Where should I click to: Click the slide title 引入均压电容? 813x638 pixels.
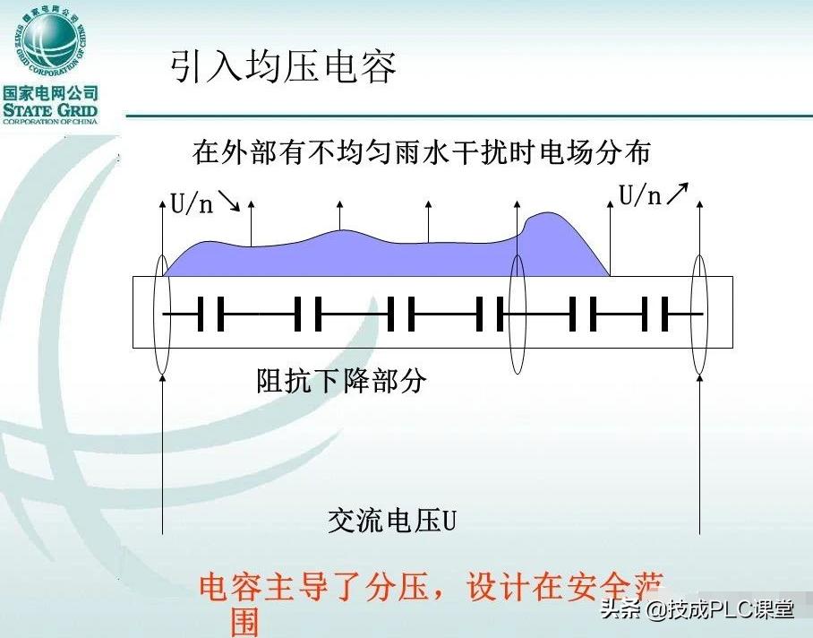[283, 66]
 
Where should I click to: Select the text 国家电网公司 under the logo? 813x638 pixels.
[50, 93]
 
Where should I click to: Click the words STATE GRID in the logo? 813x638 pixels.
[50, 110]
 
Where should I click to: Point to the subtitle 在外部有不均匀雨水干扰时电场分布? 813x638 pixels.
[421, 152]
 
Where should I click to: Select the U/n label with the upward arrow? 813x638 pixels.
[641, 196]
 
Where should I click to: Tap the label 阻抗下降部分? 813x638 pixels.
[341, 382]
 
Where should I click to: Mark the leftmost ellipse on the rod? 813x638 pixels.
[162, 314]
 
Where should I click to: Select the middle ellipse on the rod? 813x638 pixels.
[517, 314]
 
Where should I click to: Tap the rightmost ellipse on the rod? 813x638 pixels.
[699, 314]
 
